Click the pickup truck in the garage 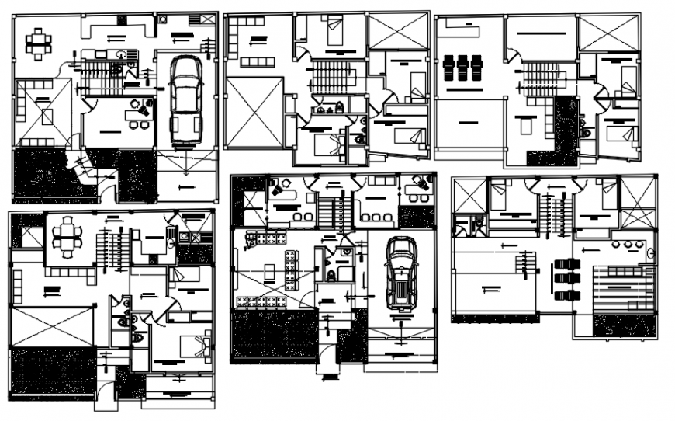click(x=185, y=99)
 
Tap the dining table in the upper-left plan click(x=38, y=43)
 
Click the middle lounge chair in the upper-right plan click(x=462, y=67)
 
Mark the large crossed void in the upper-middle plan click(x=254, y=112)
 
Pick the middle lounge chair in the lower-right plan click(x=566, y=278)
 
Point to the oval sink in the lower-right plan click(x=650, y=252)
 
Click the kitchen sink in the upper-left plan click(x=121, y=54)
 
